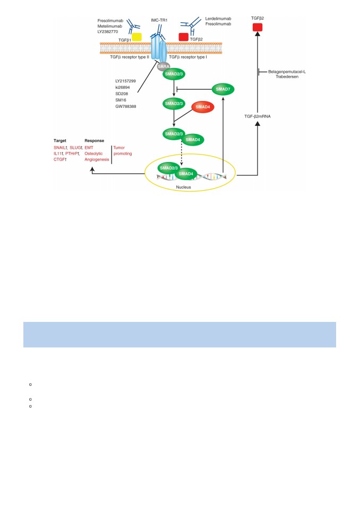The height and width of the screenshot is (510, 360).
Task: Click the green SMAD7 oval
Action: pos(223,89)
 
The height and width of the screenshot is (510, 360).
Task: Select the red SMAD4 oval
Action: pos(203,107)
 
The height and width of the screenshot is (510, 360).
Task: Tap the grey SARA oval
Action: pos(163,67)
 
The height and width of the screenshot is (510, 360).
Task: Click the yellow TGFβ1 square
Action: pos(136,37)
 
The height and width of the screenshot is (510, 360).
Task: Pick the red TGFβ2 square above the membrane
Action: pos(184,37)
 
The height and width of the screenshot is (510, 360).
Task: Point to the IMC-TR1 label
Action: pos(159,20)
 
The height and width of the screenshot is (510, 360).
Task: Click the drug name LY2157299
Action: pos(125,81)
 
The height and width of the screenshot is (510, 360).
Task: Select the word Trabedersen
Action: pos(287,76)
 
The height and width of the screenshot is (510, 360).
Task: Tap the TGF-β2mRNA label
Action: pos(257,116)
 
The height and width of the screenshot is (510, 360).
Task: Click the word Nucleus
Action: pos(183,187)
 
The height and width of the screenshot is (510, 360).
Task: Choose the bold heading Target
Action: pos(60,140)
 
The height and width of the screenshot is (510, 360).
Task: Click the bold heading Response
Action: pos(95,140)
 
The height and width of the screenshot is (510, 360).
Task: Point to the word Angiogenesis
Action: pos(97,159)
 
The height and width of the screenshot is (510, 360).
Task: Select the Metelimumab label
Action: pos(109,26)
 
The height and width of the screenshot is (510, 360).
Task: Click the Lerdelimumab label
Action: pos(218,19)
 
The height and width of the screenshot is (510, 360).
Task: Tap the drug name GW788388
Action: pos(125,106)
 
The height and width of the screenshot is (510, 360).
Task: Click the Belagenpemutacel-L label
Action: pos(287,72)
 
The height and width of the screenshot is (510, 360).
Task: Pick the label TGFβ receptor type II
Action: pos(130,57)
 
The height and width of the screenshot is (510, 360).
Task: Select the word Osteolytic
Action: pos(93,154)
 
